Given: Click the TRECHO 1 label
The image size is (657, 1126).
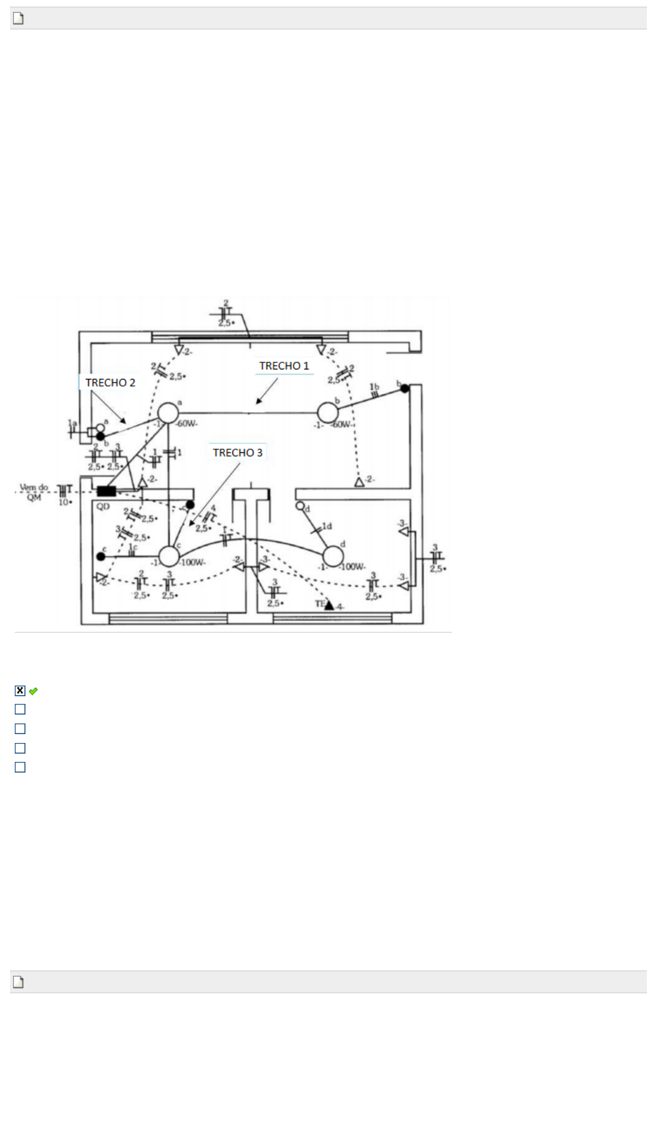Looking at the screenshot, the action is [284, 366].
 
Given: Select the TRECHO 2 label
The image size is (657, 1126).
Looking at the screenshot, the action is [110, 382].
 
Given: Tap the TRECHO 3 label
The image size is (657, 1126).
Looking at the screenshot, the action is [237, 452].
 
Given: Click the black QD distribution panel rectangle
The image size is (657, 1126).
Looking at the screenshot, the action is [107, 491].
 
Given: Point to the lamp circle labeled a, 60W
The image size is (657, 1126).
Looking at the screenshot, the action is [168, 413].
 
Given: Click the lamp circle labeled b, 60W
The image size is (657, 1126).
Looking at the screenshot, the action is [327, 413].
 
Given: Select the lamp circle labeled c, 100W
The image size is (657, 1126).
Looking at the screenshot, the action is [169, 556].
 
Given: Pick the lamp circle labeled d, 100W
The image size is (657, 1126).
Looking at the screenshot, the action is [333, 556].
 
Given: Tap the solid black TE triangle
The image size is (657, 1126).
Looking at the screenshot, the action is [330, 604].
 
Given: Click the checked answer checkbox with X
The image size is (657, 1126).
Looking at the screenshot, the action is [20, 690].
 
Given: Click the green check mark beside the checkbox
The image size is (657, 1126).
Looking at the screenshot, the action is [33, 691].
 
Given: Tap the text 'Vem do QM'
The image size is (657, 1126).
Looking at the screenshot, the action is [34, 492].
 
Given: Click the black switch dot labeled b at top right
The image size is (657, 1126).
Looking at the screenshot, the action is [405, 388].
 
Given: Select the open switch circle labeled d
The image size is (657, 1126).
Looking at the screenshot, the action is [300, 506].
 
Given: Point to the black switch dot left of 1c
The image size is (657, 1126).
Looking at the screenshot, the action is [101, 556].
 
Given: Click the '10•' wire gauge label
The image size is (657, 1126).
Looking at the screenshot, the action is [65, 502].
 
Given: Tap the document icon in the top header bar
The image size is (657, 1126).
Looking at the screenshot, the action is [18, 18].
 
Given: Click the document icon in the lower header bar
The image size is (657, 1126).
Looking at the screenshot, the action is [18, 982].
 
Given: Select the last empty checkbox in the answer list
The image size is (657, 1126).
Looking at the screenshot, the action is [20, 767].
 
